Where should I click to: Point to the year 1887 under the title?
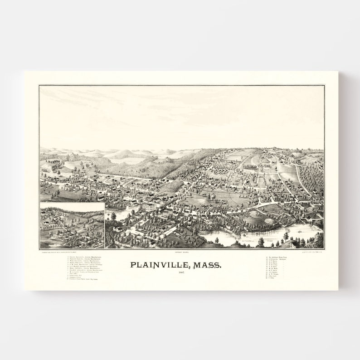click(x=181, y=272)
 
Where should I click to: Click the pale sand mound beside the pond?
click(x=268, y=222)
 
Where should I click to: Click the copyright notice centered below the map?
click(x=181, y=251)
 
